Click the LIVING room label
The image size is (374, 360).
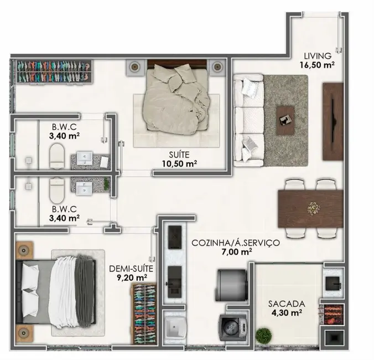[317, 55]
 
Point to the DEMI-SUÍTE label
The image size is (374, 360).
[127, 269]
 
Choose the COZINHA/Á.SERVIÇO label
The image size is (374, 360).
[236, 243]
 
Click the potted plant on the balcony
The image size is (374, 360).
[264, 336]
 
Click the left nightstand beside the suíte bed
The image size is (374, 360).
[134, 66]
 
